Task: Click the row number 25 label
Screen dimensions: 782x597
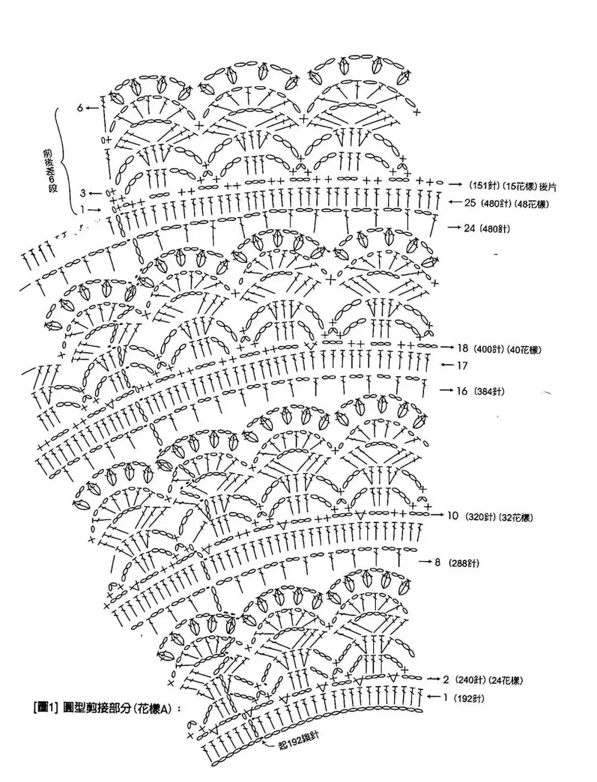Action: point(470,203)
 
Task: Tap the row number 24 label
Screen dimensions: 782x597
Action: point(469,228)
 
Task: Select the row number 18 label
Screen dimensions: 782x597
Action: point(463,348)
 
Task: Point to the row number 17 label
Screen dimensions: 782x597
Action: point(462,366)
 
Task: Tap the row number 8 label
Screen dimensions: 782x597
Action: point(437,562)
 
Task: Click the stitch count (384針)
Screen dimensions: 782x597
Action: point(488,392)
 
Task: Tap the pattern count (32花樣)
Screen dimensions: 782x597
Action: point(515,517)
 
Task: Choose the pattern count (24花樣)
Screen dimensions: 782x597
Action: point(506,680)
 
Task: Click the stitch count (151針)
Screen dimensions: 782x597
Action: point(483,184)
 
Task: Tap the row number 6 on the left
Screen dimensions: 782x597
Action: point(80,108)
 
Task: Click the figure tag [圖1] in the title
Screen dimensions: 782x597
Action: point(46,706)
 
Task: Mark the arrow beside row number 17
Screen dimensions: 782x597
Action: point(447,366)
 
